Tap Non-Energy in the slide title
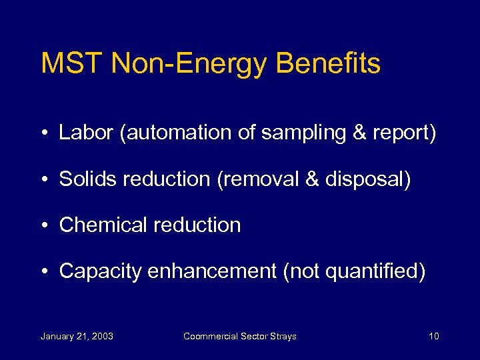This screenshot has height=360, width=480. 189,64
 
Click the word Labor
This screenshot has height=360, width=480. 86,133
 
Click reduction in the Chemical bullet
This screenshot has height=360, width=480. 197,225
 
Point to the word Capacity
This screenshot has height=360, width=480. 101,272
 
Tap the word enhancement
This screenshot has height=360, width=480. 213,271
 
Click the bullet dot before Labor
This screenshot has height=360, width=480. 45,133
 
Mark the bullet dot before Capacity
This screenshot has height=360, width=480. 45,272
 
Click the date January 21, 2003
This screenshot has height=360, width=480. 77,336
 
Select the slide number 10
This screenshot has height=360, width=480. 433,336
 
